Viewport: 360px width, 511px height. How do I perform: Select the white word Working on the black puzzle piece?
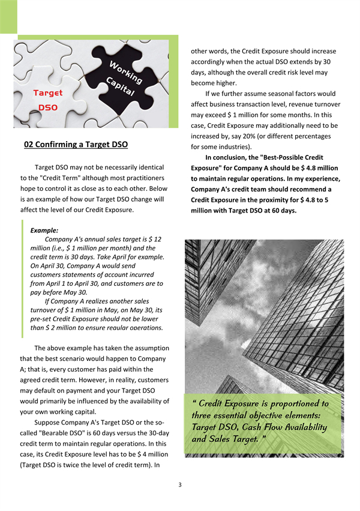(127, 72)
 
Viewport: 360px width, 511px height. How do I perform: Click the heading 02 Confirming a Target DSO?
(76, 145)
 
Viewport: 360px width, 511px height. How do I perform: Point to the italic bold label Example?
(44, 230)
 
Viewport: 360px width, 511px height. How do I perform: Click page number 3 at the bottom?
(180, 485)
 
